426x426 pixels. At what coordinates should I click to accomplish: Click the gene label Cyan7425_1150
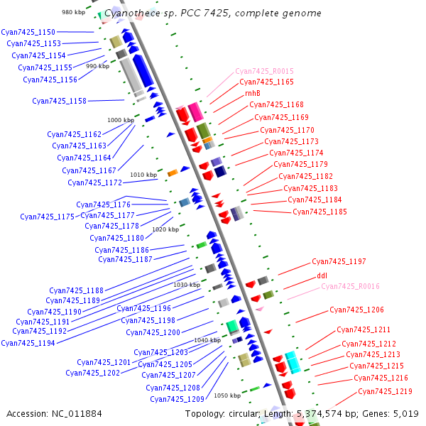coord(28,32)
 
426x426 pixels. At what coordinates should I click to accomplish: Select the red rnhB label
coord(253,93)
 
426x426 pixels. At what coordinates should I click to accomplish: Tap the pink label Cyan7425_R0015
coord(264,71)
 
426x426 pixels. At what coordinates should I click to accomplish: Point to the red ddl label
coord(322,275)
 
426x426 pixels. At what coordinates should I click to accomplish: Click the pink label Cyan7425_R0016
coord(350,286)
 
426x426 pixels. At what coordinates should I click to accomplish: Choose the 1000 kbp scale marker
coord(121,120)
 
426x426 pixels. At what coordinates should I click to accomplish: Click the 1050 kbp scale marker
coord(227,395)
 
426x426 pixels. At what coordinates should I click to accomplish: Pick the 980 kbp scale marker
coord(73,12)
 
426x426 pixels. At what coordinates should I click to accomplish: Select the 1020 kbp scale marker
coord(165,229)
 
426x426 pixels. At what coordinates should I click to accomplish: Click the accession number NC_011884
coord(77,414)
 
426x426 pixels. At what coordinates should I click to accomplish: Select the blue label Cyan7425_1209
coord(177,399)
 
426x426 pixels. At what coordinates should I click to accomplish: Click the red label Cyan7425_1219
coord(385,391)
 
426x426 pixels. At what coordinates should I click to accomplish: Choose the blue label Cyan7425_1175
coord(47,217)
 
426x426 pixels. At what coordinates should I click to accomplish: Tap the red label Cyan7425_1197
coord(339,261)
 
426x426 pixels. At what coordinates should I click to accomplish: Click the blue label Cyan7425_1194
coord(28,343)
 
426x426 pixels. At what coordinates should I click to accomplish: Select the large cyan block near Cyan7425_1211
coord(293,362)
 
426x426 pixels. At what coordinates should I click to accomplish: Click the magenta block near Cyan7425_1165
coord(196,112)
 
